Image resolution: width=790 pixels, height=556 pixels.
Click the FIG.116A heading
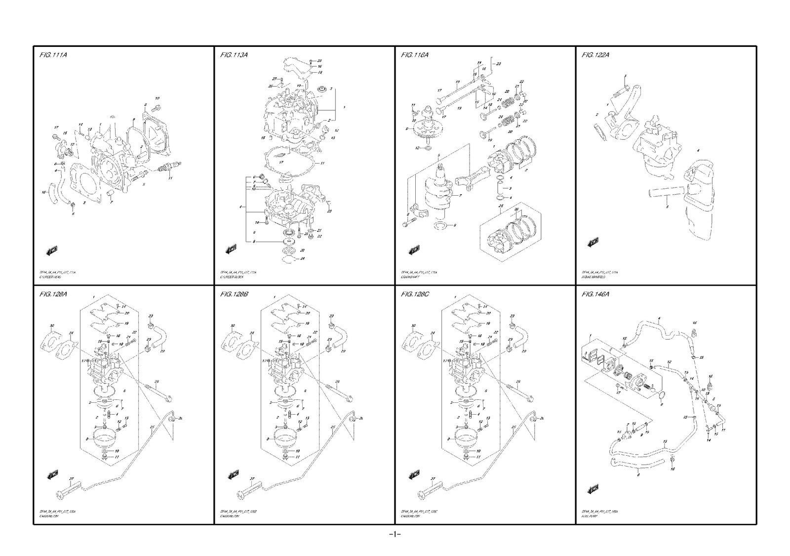[415, 55]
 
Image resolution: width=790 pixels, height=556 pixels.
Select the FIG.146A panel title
[595, 295]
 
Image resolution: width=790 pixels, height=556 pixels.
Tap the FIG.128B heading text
[234, 295]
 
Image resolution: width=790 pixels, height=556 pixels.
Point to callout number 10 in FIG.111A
[157, 98]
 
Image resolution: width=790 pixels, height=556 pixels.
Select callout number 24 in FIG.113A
[302, 258]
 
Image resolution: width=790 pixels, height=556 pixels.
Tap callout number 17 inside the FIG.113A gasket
[280, 161]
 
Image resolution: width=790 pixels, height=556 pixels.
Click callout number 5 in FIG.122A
[667, 207]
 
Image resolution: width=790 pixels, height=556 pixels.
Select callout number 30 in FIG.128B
[232, 326]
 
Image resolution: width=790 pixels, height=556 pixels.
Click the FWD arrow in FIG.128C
[413, 475]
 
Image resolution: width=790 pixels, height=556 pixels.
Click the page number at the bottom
[395, 534]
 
